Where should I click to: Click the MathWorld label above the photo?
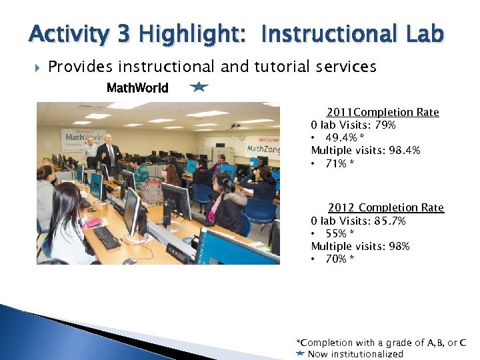[x=137, y=87]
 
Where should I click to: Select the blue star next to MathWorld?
[x=199, y=87]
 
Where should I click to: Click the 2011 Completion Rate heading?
[x=383, y=112]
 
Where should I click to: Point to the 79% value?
[x=385, y=125]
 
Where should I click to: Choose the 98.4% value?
[x=407, y=151]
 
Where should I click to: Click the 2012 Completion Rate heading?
[x=385, y=208]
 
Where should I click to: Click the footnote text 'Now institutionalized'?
[x=355, y=354]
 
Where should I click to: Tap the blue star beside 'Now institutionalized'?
[x=300, y=353]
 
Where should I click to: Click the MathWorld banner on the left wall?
[x=83, y=139]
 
